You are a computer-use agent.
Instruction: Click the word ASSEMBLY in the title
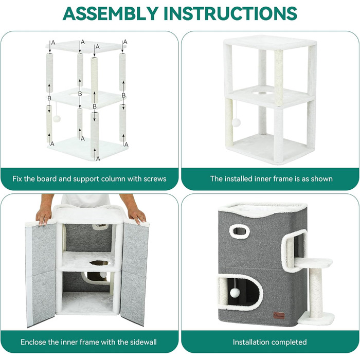pos(111,13)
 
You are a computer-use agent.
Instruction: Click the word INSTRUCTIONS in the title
pos(230,13)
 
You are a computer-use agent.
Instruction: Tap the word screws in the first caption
pos(155,178)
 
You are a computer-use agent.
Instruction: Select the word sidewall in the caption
pos(143,342)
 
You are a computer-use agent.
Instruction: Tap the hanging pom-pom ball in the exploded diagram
pos(57,119)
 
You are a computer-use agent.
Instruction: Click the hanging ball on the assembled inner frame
pos(236,122)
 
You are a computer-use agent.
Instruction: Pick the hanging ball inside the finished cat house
pos(235,293)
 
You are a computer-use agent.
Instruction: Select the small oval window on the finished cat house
pos(240,231)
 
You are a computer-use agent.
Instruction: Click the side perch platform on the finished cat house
pos(314,263)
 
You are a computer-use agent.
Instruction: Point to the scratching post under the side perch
pos(316,293)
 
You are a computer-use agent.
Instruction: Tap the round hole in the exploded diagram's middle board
pos(80,94)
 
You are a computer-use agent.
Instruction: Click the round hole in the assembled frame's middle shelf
pos(263,93)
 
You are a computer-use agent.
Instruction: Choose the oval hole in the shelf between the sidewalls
pos(100,263)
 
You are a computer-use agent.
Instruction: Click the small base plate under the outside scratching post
pos(316,319)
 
